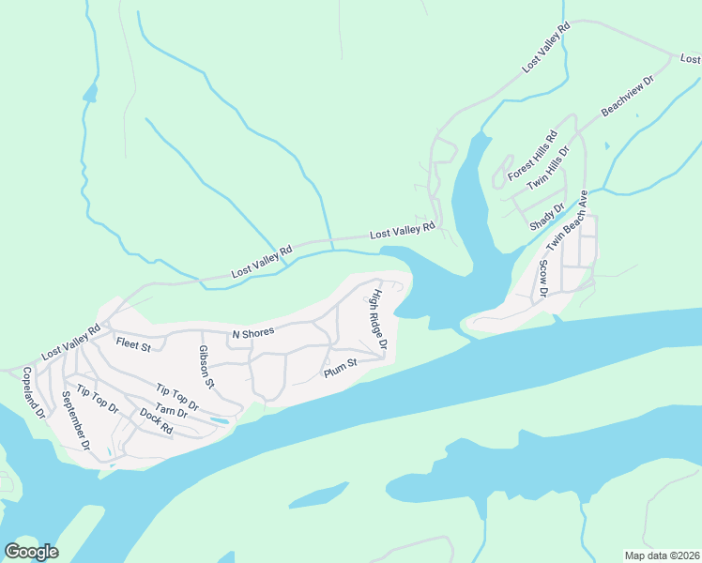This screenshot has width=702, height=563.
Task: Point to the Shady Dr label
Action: pyautogui.click(x=547, y=218)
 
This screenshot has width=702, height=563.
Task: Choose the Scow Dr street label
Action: pyautogui.click(x=542, y=279)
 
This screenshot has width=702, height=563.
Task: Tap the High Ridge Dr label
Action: pyautogui.click(x=378, y=320)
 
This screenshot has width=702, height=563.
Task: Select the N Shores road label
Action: pyautogui.click(x=252, y=334)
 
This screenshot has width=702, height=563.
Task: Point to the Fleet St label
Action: pyautogui.click(x=133, y=345)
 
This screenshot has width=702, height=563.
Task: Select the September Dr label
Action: pyautogui.click(x=73, y=421)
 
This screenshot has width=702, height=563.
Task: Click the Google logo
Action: pyautogui.click(x=31, y=551)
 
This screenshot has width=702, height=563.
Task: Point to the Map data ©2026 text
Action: pyautogui.click(x=662, y=555)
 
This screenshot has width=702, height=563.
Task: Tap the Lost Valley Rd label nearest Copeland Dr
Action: pyautogui.click(x=70, y=343)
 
